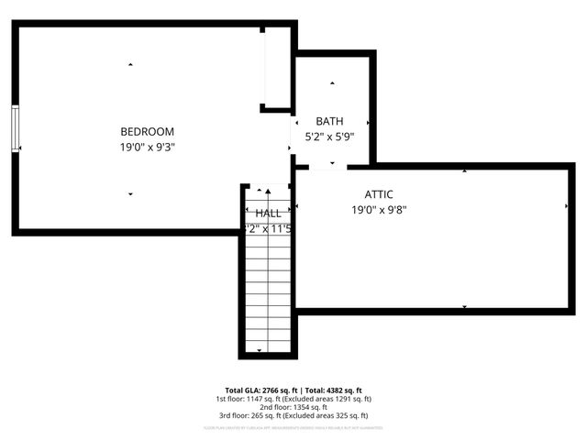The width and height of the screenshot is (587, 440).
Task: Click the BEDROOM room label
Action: pyautogui.click(x=147, y=131)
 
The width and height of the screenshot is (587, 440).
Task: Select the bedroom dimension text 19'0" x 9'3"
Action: pyautogui.click(x=147, y=147)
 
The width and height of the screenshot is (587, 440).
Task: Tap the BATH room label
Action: pyautogui.click(x=330, y=121)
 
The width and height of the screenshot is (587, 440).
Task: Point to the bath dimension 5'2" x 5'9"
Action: pyautogui.click(x=330, y=137)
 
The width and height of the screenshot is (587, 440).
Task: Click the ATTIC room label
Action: pyautogui.click(x=379, y=194)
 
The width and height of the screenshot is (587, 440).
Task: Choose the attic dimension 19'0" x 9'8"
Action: pyautogui.click(x=379, y=210)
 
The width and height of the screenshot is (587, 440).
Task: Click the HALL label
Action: pyautogui.click(x=269, y=213)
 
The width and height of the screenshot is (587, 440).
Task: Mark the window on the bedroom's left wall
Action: pyautogui.click(x=16, y=128)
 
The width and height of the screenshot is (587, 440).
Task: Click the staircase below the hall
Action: pyautogui.click(x=269, y=293)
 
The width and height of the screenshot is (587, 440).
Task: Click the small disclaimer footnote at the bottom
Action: pyautogui.click(x=293, y=427)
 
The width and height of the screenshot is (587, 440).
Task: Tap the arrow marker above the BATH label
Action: pyautogui.click(x=332, y=82)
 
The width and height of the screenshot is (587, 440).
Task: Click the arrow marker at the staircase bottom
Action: pyautogui.click(x=260, y=351)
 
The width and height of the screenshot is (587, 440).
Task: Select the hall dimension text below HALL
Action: pyautogui.click(x=269, y=229)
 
